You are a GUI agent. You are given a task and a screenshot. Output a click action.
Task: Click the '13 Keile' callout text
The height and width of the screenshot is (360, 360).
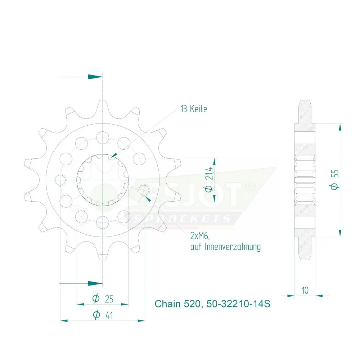pyautogui.click(x=194, y=109)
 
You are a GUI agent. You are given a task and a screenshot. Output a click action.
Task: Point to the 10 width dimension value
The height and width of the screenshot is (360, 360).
pyautogui.click(x=305, y=291)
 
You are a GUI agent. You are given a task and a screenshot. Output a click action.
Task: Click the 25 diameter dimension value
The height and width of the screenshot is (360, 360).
pyautogui.click(x=109, y=299)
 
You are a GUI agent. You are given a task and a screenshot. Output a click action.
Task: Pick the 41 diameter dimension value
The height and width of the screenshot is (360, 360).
pyautogui.click(x=109, y=315)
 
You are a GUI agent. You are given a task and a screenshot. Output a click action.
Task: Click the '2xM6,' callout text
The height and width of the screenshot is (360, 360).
pyautogui.click(x=200, y=235)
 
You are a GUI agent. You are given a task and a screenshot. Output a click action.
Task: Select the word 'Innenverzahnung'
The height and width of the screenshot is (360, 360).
pyautogui.click(x=232, y=247)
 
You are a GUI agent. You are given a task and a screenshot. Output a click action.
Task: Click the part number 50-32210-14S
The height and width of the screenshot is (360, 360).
pyautogui.click(x=238, y=304)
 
